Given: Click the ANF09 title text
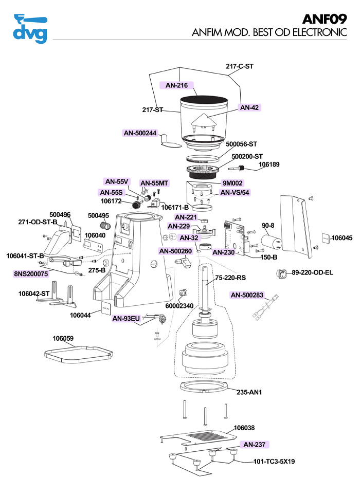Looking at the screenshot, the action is pyautogui.click(x=325, y=20).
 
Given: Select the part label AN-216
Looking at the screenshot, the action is pyautogui.click(x=176, y=85).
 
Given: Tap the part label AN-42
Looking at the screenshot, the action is pyautogui.click(x=249, y=107).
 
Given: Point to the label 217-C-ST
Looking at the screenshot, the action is pyautogui.click(x=240, y=66).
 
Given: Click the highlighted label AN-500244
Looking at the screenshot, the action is pyautogui.click(x=140, y=133).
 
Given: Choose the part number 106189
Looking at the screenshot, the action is pyautogui.click(x=269, y=164).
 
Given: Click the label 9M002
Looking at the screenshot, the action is pyautogui.click(x=232, y=183).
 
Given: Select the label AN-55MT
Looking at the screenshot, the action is pyautogui.click(x=154, y=183).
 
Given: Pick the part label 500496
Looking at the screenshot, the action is pyautogui.click(x=60, y=215).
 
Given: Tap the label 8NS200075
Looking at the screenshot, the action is pyautogui.click(x=31, y=273).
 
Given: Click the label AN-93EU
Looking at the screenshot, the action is pyautogui.click(x=126, y=319).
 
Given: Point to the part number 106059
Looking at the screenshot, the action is pyautogui.click(x=63, y=339).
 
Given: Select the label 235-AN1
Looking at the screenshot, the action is pyautogui.click(x=249, y=392).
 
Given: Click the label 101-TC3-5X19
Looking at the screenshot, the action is pyautogui.click(x=274, y=462).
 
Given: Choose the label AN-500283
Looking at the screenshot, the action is pyautogui.click(x=247, y=295).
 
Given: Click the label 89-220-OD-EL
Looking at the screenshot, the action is pyautogui.click(x=312, y=273).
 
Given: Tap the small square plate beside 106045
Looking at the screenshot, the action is pyautogui.click(x=326, y=238).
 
